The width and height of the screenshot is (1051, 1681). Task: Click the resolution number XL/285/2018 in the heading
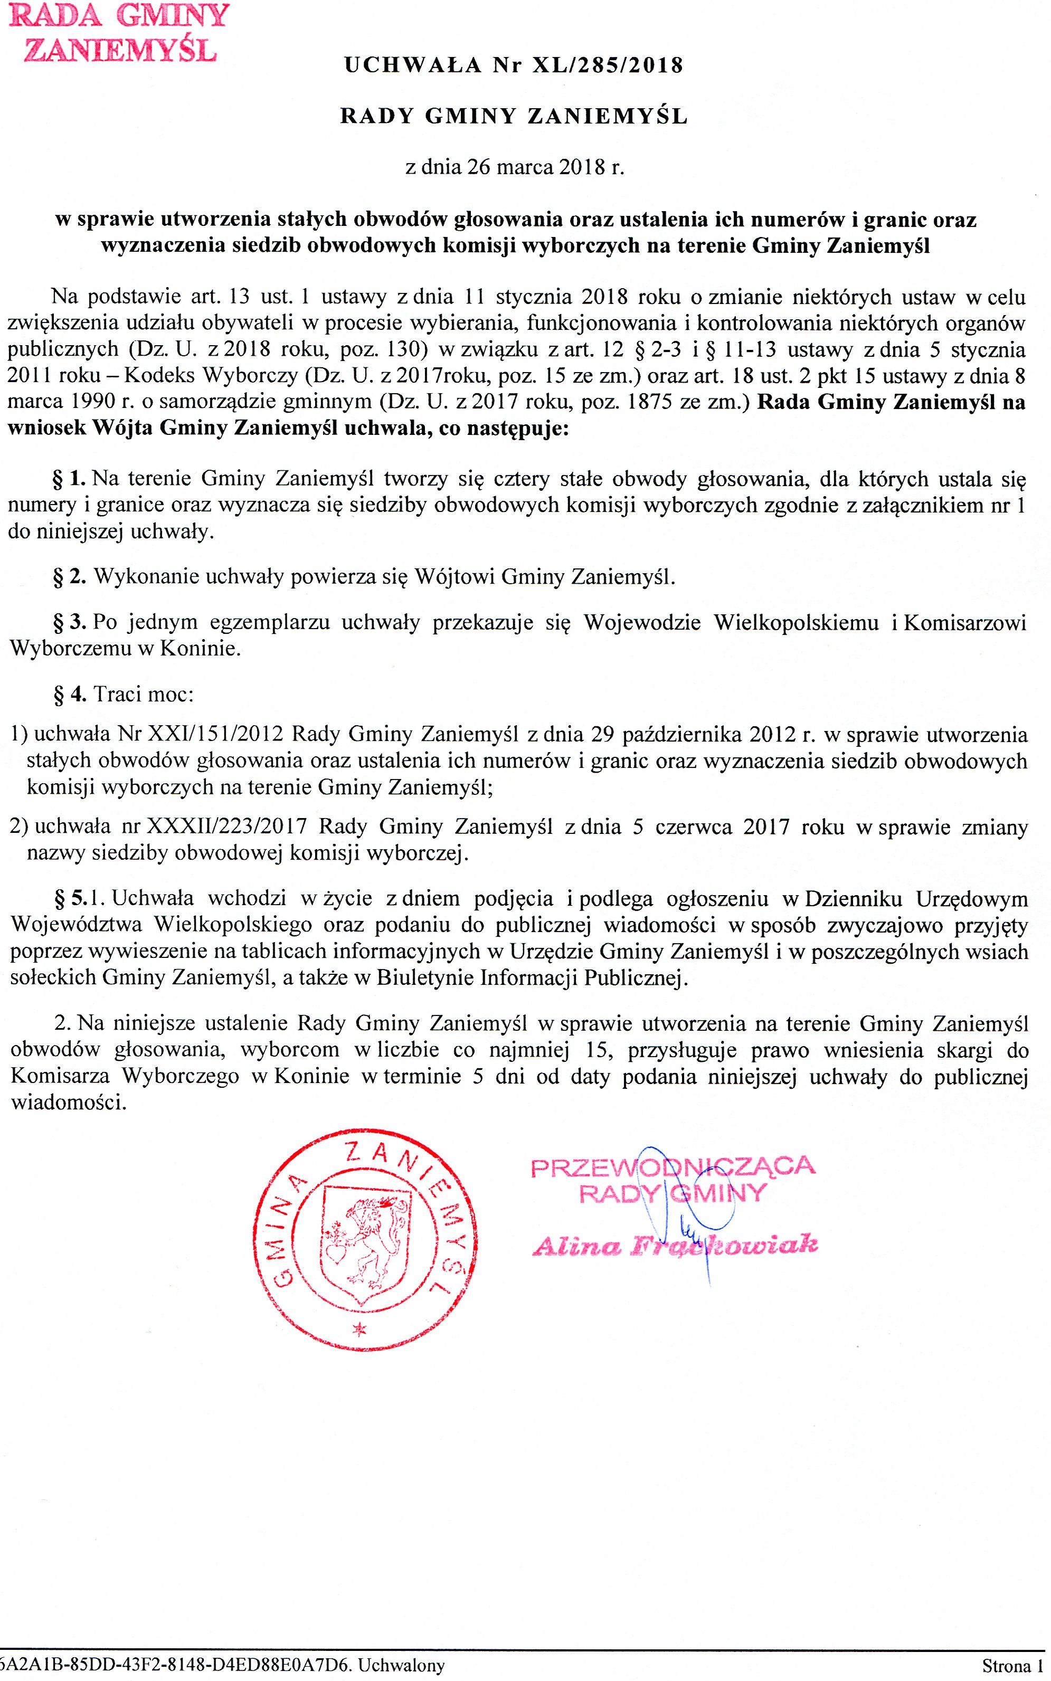(608, 65)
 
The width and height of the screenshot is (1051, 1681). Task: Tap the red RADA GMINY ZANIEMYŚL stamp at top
(119, 33)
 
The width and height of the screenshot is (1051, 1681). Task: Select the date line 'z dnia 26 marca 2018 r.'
(514, 167)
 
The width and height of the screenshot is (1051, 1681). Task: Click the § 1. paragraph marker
(69, 479)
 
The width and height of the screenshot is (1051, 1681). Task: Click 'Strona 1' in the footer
(1012, 1666)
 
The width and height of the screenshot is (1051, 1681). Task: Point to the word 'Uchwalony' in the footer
(402, 1665)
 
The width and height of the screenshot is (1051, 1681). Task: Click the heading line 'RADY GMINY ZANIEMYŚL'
(514, 116)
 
